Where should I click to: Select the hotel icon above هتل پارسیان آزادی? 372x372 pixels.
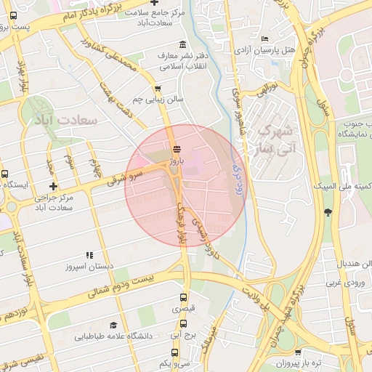pos(265,39)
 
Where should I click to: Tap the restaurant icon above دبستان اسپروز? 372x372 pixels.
pos(89,255)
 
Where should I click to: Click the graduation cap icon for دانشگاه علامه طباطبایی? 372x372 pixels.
pos(113,325)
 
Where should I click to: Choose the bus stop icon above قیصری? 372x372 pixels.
pos(183,297)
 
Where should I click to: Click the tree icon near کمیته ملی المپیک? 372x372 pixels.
pos(328,212)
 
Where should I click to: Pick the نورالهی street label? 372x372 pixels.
pos(264,89)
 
